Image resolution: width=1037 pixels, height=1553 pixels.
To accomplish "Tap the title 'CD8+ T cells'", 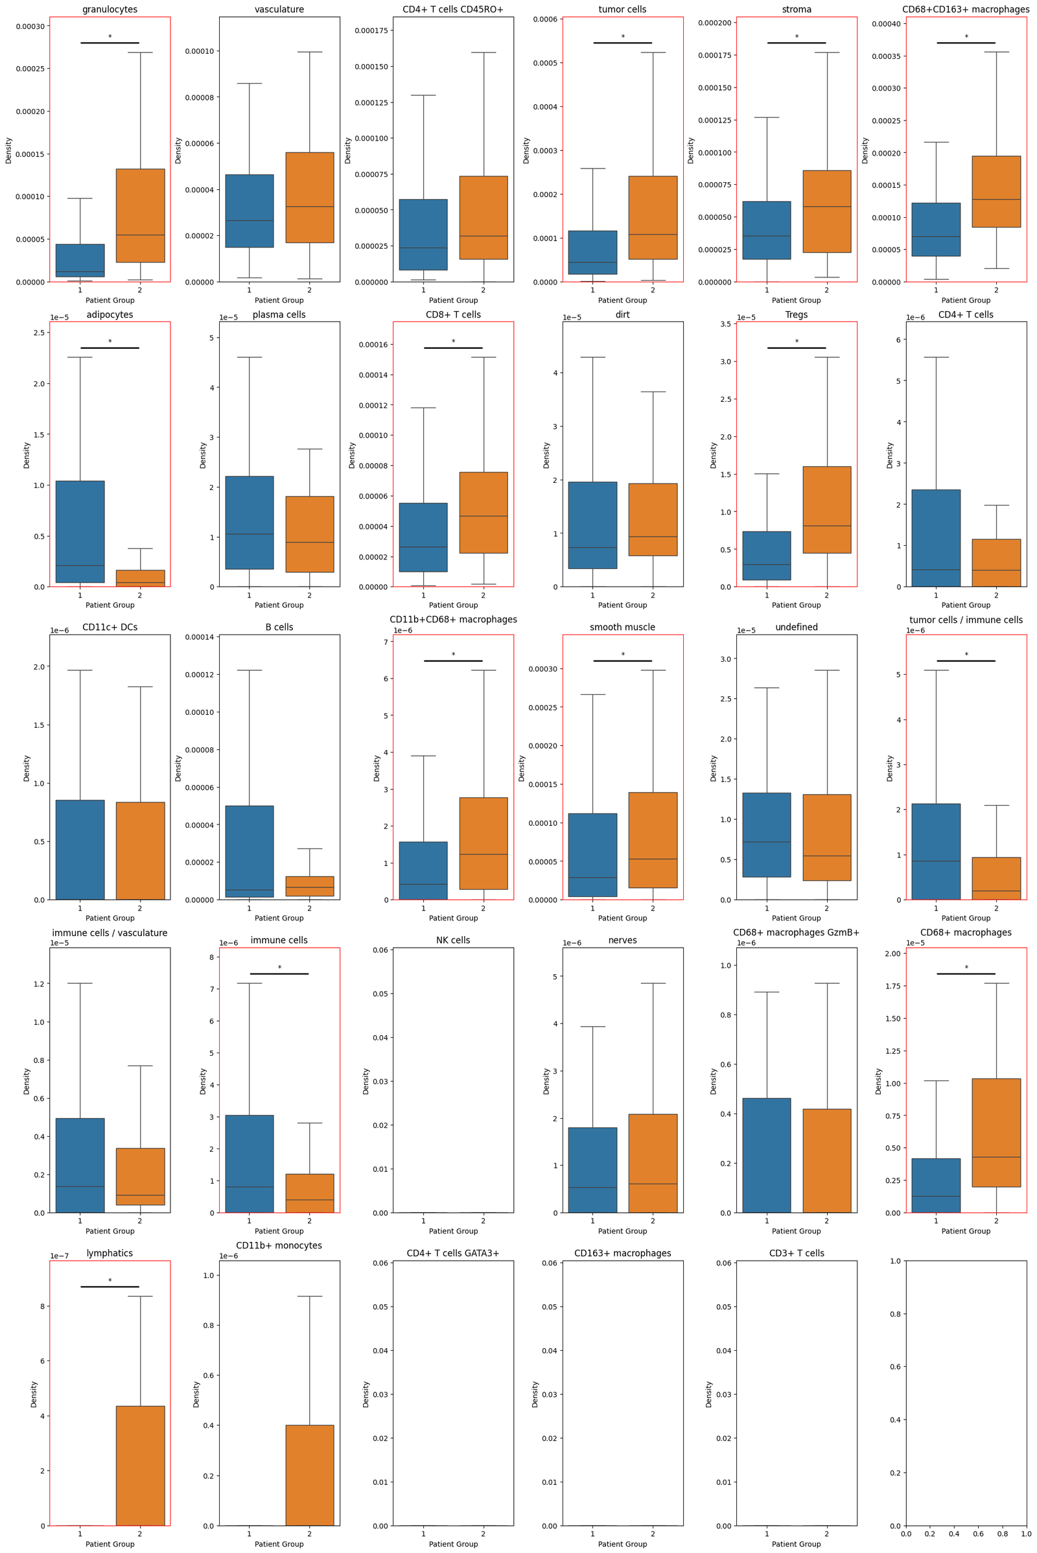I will coord(453,315).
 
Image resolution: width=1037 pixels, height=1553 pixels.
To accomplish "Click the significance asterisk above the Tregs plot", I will coord(797,342).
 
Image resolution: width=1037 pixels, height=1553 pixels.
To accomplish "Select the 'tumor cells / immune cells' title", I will coord(966,620).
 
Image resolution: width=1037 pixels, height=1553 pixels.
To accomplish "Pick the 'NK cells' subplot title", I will coord(453,940).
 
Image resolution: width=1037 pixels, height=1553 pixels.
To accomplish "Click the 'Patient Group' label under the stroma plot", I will coord(797,300).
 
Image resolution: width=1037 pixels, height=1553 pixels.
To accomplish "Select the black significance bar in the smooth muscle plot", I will coord(622,660).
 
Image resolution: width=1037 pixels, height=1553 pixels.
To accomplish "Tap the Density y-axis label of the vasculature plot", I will coord(178,150).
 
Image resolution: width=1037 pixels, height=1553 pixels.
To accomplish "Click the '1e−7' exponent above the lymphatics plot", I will coord(60,1256).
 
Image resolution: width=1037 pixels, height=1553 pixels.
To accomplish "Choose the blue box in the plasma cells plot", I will coord(250,522).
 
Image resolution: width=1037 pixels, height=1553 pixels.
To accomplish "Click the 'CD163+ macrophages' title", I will coord(622,1253).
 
